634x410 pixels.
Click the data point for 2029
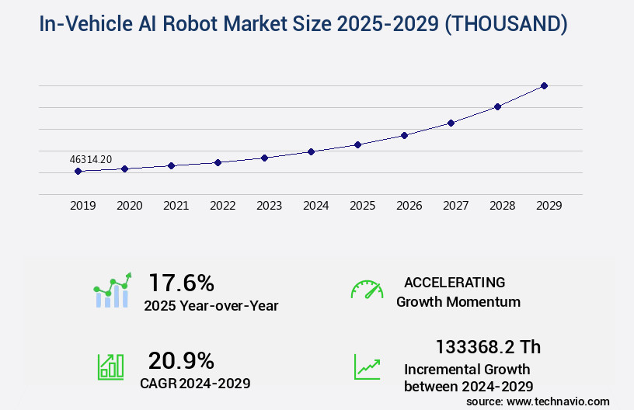click(x=544, y=85)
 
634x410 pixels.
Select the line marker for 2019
click(x=78, y=171)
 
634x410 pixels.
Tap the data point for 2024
click(x=311, y=151)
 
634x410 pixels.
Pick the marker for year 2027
click(x=451, y=123)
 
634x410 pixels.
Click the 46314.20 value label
click(x=91, y=159)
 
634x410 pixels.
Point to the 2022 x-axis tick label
click(x=222, y=206)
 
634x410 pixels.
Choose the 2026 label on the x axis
click(x=409, y=206)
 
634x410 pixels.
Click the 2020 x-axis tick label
click(x=129, y=206)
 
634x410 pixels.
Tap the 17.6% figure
click(x=181, y=282)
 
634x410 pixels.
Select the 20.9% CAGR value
click(x=181, y=360)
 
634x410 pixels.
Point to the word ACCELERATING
click(x=455, y=283)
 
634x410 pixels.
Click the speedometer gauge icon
click(x=367, y=290)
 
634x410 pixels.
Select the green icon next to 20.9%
click(x=110, y=366)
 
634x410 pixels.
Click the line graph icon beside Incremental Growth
click(x=367, y=367)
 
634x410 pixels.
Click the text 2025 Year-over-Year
click(x=211, y=306)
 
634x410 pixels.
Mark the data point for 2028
click(x=497, y=106)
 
